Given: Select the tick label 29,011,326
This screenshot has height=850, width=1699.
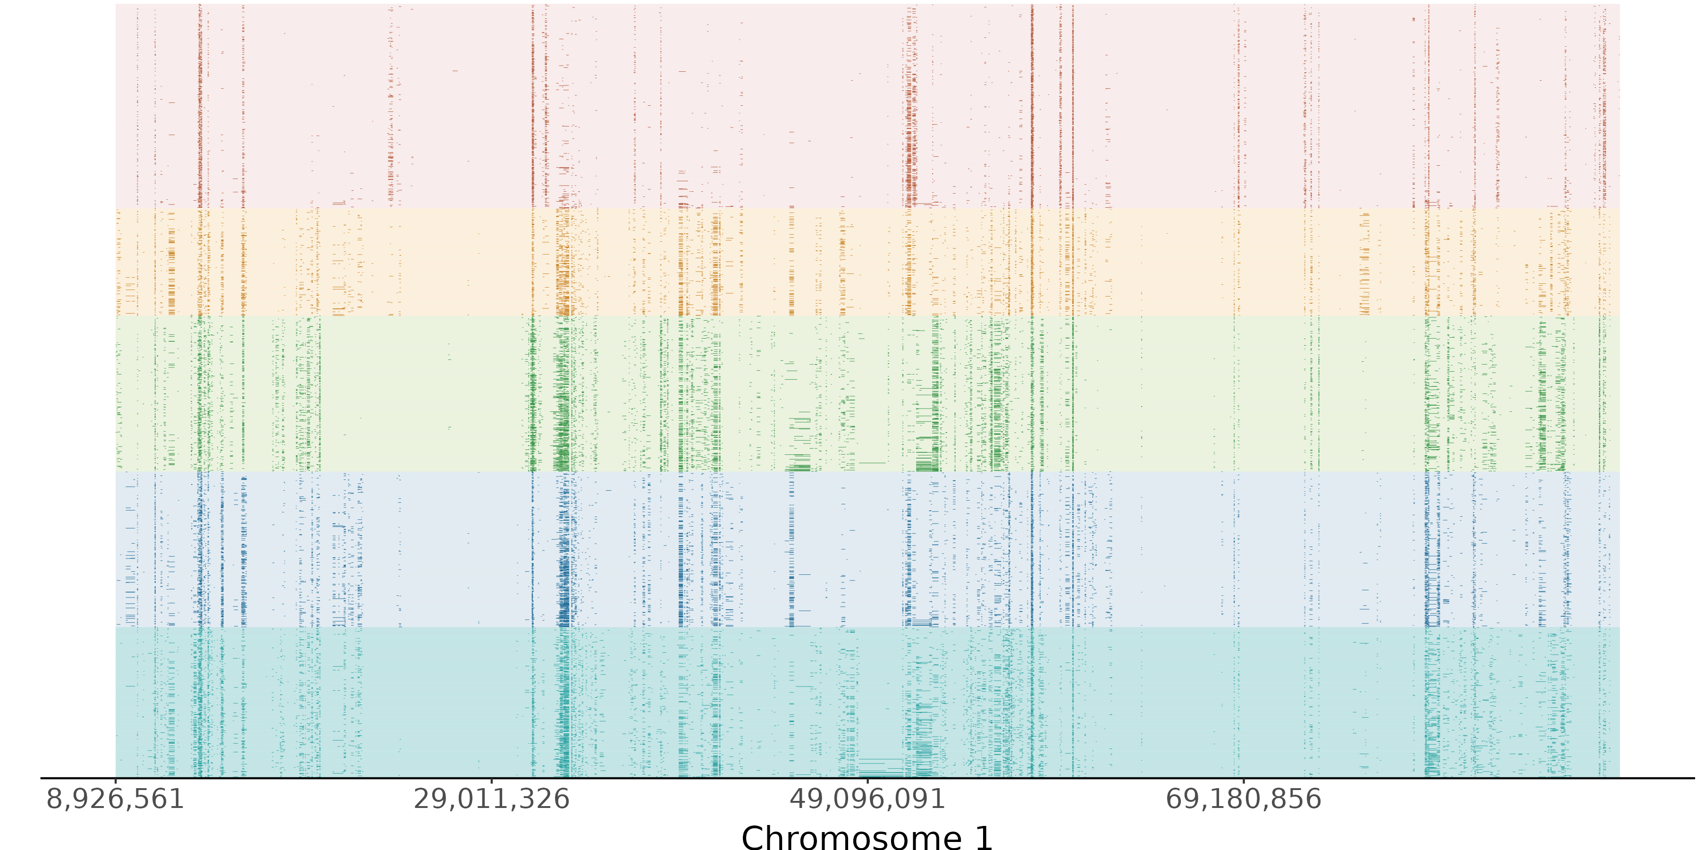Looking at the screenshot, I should (491, 799).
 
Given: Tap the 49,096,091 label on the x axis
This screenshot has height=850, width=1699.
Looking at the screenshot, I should (867, 799).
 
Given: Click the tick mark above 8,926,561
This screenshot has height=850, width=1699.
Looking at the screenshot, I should (116, 782).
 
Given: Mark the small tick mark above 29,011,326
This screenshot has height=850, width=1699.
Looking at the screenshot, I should (491, 782).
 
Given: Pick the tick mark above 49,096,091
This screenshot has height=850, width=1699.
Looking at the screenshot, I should (867, 782).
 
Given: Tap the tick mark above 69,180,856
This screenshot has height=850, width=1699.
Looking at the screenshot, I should (1244, 782).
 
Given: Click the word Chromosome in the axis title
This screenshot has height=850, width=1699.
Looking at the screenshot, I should (851, 837).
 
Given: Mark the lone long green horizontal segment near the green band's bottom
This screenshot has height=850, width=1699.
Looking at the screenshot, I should (872, 463).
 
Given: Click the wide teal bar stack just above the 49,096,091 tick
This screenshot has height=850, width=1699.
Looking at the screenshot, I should (881, 767).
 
